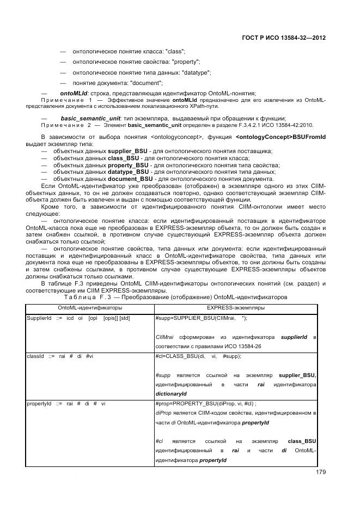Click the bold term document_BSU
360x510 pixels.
coord(130,179)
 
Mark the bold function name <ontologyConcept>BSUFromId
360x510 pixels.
coord(281,136)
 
